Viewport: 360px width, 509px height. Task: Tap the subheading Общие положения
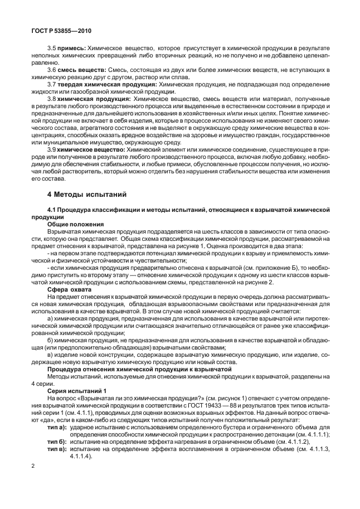click(x=73, y=223)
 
